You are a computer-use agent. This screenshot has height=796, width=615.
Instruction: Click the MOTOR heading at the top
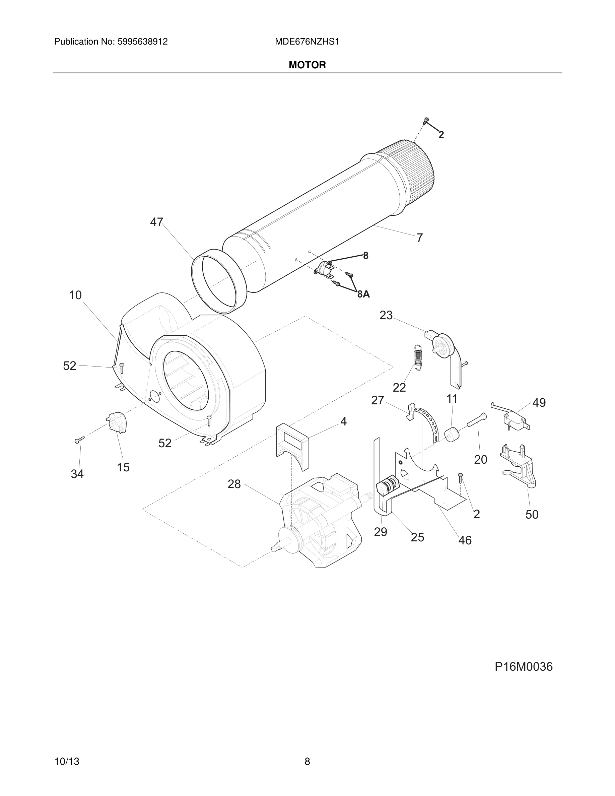(x=307, y=65)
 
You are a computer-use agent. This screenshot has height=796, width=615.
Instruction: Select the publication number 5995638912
(x=142, y=42)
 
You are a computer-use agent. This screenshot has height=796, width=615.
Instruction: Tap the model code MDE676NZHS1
(x=307, y=42)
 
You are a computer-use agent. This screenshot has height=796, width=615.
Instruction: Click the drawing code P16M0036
(x=523, y=667)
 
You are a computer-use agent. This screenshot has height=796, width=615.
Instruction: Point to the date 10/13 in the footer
(x=67, y=751)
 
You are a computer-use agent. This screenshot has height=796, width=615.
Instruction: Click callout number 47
(x=157, y=222)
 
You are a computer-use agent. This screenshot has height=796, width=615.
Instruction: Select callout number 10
(x=75, y=295)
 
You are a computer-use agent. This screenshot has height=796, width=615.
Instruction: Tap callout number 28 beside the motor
(x=234, y=484)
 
